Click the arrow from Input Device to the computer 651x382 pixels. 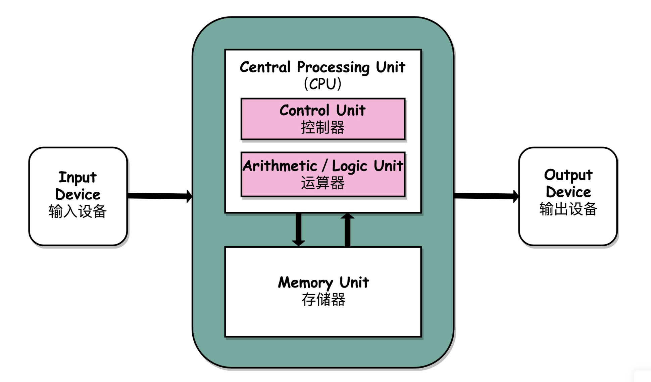click(160, 196)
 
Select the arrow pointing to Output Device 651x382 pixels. click(486, 196)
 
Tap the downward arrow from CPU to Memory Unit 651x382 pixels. click(298, 230)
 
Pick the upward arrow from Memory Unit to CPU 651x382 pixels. click(348, 230)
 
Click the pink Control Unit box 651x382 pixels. click(323, 119)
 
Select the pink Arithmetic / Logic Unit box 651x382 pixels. click(323, 174)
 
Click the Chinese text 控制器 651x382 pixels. click(322, 128)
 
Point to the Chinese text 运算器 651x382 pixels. click(322, 183)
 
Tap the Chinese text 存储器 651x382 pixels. click(323, 299)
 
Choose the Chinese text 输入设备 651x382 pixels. click(78, 211)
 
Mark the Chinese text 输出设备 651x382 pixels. click(568, 209)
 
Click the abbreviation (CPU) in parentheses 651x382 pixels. click(322, 84)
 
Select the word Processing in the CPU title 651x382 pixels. click(333, 67)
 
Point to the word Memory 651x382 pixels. click(305, 283)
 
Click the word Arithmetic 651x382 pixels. click(280, 166)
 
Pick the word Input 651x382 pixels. click(78, 178)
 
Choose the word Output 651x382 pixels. click(568, 175)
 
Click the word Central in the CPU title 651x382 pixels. click(265, 67)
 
